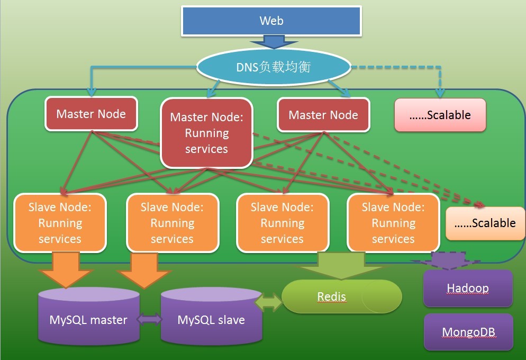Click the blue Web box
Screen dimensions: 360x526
[x=271, y=21]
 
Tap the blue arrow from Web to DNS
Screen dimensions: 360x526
[x=271, y=42]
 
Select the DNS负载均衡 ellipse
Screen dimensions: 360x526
[x=274, y=67]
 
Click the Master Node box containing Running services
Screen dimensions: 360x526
[x=206, y=133]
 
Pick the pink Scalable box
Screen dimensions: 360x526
[x=440, y=115]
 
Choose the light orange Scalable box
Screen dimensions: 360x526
[x=485, y=223]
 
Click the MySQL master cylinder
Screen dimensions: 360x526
[x=89, y=316]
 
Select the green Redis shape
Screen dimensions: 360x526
[x=342, y=296]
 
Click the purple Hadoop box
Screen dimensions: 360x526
[x=468, y=289]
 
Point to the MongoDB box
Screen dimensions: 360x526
[x=468, y=332]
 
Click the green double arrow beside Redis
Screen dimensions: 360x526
[x=269, y=302]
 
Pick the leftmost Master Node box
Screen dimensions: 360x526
[x=91, y=114]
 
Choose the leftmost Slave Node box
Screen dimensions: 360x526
[x=60, y=222]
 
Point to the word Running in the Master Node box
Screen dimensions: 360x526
[x=206, y=133]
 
